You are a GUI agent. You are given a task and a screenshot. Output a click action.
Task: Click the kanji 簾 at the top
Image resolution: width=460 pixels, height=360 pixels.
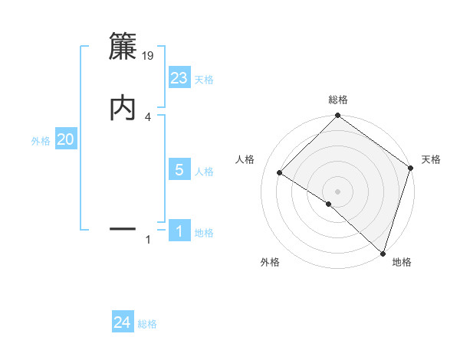click(x=123, y=47)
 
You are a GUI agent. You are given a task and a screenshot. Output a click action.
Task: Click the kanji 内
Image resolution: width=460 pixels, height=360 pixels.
click(x=123, y=107)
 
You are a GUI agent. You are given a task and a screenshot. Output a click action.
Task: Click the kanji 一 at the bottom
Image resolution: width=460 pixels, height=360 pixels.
click(x=123, y=228)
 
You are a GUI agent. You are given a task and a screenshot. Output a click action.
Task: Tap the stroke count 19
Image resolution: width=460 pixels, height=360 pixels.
click(x=149, y=56)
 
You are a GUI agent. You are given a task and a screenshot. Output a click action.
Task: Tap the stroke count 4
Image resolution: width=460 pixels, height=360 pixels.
click(x=148, y=116)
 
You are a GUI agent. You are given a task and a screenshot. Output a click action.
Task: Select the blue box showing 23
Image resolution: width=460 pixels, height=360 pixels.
click(x=179, y=77)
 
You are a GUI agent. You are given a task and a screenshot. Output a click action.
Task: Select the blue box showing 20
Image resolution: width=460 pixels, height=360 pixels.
click(x=66, y=139)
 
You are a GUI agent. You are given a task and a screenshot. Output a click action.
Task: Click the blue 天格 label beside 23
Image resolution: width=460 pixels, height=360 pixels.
click(x=204, y=80)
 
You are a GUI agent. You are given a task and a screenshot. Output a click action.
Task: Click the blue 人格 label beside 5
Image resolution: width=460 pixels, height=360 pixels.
click(x=204, y=172)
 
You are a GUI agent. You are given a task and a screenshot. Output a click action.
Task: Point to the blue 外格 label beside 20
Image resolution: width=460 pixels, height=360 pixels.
click(x=41, y=141)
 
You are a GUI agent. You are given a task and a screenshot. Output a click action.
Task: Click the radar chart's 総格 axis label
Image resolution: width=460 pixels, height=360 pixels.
click(x=338, y=100)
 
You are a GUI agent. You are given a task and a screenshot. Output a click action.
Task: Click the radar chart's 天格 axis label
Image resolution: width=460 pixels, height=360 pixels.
click(x=431, y=159)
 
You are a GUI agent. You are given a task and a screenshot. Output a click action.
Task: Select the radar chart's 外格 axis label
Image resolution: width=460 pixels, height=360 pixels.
click(x=270, y=262)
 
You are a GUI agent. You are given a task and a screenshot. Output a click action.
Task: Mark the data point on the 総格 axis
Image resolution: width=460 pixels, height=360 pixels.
click(x=338, y=116)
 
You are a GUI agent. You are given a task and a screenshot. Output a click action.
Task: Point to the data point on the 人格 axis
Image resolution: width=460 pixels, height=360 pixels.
click(x=280, y=173)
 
